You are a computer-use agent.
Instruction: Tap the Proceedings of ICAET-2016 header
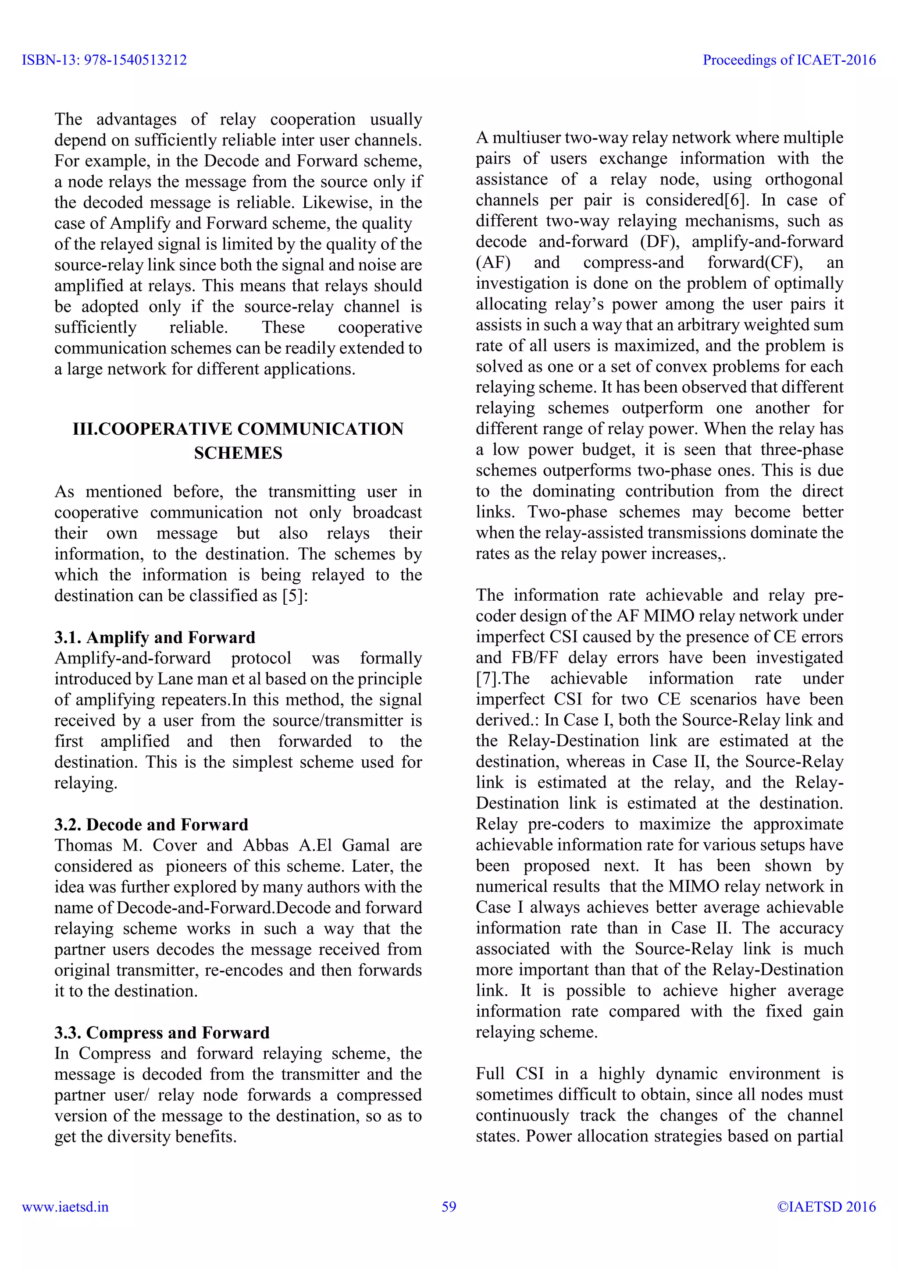tap(789, 60)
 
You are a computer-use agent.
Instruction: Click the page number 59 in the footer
tap(449, 1206)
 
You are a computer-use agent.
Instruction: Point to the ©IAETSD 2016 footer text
tap(826, 1206)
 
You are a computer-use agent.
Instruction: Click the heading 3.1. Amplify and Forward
tap(154, 637)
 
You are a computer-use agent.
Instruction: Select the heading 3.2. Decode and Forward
tap(151, 825)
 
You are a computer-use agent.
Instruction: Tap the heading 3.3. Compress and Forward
tap(161, 1032)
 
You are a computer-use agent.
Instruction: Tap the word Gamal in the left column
tap(366, 846)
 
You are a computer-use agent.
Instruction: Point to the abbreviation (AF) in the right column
tap(493, 262)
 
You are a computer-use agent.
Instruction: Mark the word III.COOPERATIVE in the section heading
tap(152, 429)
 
